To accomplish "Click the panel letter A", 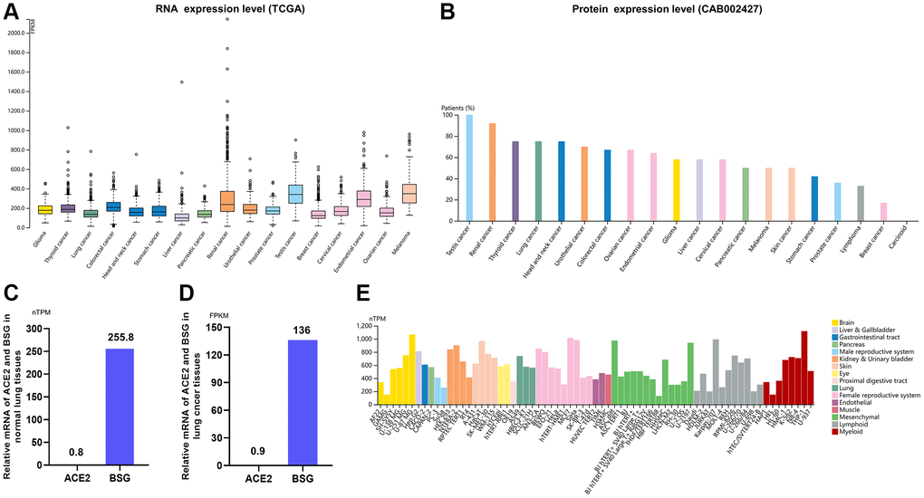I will [14, 14].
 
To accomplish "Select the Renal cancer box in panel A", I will [227, 201].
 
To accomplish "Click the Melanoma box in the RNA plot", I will [409, 193].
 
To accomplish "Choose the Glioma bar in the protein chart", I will [677, 189].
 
